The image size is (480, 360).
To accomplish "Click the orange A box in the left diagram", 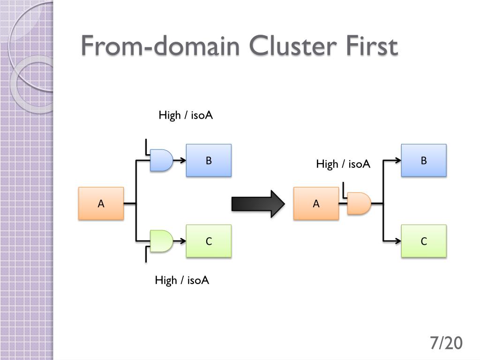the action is click(101, 203).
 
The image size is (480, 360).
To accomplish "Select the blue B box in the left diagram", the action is click(209, 160).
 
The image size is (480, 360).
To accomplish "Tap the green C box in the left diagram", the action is click(209, 241).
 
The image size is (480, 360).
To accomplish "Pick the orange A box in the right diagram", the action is click(316, 203).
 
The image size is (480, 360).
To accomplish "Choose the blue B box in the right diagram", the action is click(424, 160).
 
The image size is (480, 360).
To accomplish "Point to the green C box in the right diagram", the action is click(424, 241).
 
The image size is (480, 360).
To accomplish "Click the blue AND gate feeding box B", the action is click(161, 160).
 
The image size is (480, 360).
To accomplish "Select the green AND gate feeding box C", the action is click(161, 241).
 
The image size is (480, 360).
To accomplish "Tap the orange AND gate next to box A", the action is click(359, 203).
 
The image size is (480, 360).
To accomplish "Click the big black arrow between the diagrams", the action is click(258, 204).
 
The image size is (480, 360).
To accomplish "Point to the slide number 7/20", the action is click(446, 343).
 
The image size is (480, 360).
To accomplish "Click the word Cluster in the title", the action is click(292, 45).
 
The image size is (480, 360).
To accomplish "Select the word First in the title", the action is click(372, 45).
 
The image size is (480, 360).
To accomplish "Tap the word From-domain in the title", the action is click(160, 45).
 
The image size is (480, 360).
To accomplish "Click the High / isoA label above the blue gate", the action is click(186, 115).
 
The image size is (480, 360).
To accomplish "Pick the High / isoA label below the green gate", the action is click(182, 280).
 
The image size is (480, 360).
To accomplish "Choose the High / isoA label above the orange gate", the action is click(343, 164).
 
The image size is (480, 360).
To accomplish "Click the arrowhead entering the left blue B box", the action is click(183, 160).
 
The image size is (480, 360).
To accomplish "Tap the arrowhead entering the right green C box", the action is click(398, 241).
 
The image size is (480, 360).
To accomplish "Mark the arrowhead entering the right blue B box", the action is click(398, 160).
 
